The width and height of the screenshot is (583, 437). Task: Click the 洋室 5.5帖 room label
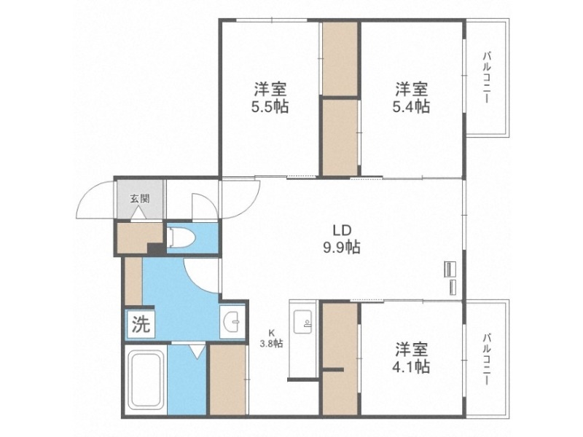(270, 98)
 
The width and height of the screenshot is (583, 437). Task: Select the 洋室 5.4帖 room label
(412, 98)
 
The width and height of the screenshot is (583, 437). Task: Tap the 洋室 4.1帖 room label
(412, 357)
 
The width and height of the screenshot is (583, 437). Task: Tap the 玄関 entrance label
(138, 197)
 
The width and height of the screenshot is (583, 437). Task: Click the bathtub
(145, 381)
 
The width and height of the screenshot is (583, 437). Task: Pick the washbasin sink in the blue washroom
(232, 321)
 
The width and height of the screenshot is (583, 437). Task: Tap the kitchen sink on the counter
(302, 320)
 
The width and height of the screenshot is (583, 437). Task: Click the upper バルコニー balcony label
(487, 76)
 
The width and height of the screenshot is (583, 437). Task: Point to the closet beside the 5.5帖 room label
(339, 58)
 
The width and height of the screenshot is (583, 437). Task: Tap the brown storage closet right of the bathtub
(227, 380)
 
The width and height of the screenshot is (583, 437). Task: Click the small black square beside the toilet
(155, 249)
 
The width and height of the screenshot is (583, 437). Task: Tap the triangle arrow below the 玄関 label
(138, 214)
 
